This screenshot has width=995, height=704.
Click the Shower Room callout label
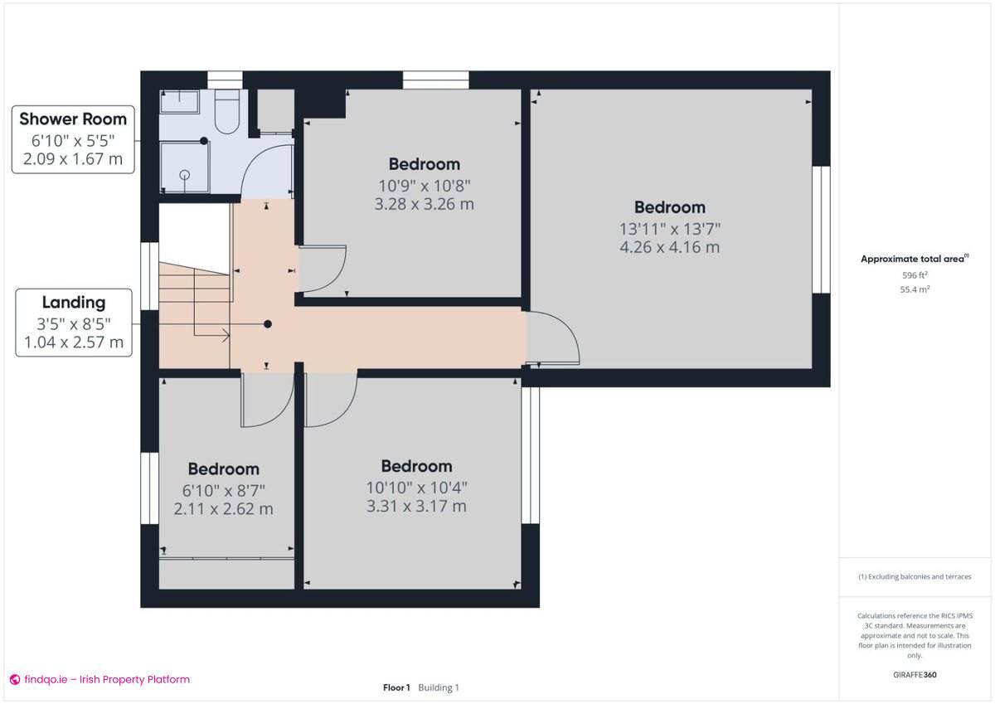[x=73, y=138]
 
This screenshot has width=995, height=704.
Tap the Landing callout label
[x=74, y=323]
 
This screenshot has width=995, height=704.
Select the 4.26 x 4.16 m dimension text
[x=669, y=247]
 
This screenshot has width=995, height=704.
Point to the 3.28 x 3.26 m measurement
[x=424, y=204]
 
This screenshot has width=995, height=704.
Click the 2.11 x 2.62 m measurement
[x=223, y=509]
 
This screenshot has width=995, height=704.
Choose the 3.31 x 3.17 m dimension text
[x=416, y=506]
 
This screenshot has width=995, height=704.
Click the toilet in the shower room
[x=226, y=112]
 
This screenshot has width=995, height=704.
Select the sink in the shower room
[x=179, y=102]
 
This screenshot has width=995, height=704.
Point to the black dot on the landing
[x=267, y=324]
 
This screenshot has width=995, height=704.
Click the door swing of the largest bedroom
[x=553, y=338]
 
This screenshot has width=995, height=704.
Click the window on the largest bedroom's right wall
[x=821, y=230]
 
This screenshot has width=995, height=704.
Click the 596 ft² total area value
[x=915, y=275]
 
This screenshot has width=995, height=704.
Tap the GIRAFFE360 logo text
[x=915, y=675]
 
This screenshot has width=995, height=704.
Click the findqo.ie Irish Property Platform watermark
[x=99, y=679]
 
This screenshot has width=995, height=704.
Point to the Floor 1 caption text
[x=396, y=687]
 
